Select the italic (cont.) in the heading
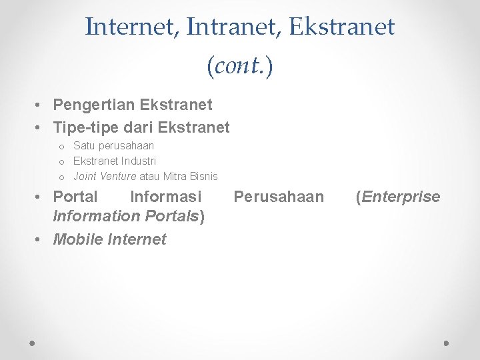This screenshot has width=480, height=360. [x=240, y=67]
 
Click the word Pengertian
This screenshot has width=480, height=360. [x=93, y=105]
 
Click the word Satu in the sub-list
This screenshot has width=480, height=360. [x=84, y=145]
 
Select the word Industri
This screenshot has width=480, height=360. [x=138, y=161]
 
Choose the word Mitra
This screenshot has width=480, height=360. [x=175, y=176]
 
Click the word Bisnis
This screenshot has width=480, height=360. [x=203, y=176]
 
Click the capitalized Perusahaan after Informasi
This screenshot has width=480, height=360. [x=279, y=197]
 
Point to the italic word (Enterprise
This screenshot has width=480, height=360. [x=397, y=197]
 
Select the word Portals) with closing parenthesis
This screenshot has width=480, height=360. [x=177, y=217]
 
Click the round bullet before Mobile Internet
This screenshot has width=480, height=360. [x=41, y=240]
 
